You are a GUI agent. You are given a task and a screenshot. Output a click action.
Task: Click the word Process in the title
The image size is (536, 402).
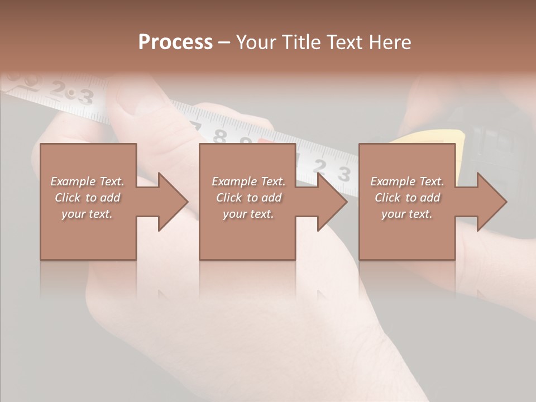[x=175, y=42]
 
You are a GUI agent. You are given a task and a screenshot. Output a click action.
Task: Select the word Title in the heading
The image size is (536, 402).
[x=299, y=42]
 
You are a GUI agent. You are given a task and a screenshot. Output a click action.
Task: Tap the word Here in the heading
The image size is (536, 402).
[x=390, y=42]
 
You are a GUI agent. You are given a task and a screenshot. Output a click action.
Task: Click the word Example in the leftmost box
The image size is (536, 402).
[x=73, y=181]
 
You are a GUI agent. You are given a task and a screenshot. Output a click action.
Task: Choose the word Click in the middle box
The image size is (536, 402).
[x=229, y=198]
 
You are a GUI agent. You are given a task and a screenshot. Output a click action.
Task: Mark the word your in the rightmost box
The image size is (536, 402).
[x=394, y=214]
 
